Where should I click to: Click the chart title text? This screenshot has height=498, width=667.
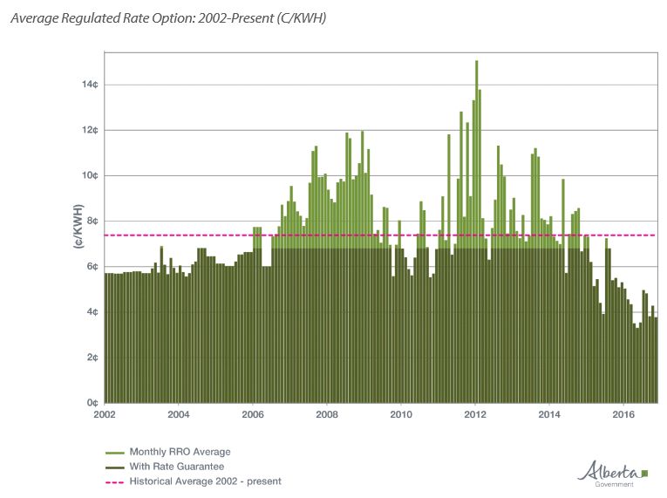tap(168, 17)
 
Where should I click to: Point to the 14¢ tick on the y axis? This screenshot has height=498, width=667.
tap(90, 85)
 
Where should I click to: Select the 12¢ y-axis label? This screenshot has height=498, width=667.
tap(90, 130)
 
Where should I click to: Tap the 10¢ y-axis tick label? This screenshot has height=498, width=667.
tap(90, 175)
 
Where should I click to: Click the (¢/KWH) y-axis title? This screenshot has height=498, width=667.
tap(78, 227)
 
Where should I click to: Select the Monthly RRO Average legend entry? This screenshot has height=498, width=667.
tap(180, 452)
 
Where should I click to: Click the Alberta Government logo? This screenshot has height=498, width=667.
tap(614, 472)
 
